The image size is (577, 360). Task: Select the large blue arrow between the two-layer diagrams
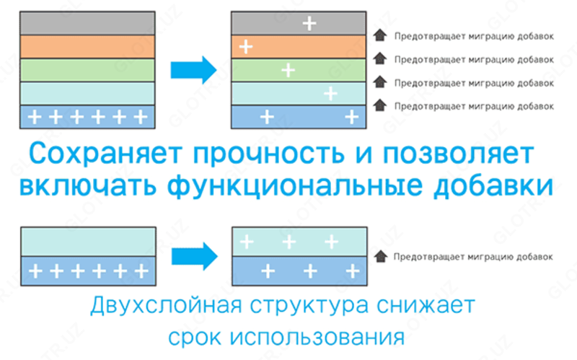[193, 255]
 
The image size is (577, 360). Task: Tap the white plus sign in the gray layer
[309, 23]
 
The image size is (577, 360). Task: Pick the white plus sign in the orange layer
[245, 47]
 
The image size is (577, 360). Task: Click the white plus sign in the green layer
[288, 70]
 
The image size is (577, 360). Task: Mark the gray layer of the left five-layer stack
[87, 23]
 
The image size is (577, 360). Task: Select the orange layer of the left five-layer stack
[87, 47]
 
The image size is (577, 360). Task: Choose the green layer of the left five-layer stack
[87, 70]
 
